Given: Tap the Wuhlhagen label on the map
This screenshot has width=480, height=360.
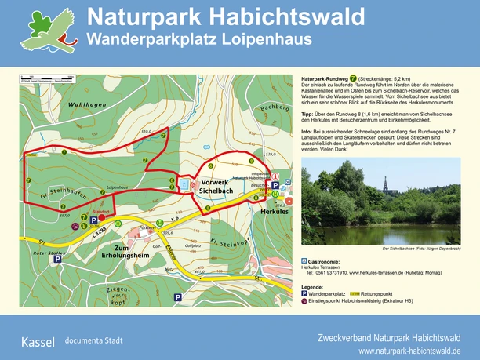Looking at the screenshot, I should (x=61, y=104).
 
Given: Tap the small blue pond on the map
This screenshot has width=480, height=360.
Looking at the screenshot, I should (x=183, y=184).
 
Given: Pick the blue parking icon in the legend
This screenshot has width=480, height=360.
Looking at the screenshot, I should (x=304, y=293).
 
